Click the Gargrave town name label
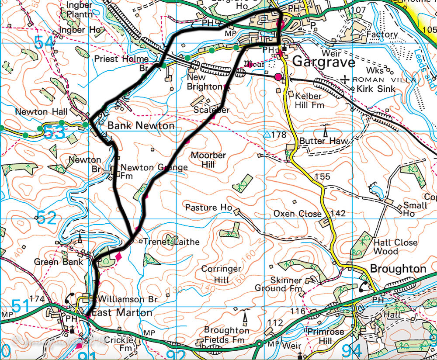(323, 62)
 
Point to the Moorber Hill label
(208, 160)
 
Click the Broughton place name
(398, 269)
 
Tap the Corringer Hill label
(221, 273)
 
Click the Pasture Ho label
(208, 207)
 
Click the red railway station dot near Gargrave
(278, 77)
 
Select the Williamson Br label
(127, 299)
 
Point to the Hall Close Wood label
(395, 246)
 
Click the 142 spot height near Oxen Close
(338, 214)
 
